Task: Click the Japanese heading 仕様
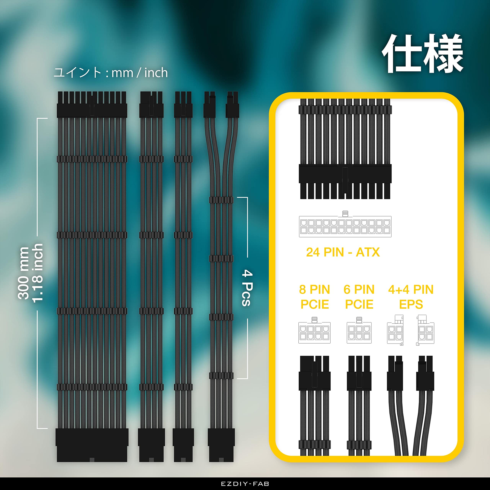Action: [422, 54]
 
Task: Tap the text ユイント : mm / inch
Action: [111, 73]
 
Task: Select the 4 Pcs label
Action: [247, 288]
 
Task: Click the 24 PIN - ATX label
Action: [343, 252]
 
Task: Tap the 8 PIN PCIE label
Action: [314, 297]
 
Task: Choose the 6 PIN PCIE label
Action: [359, 297]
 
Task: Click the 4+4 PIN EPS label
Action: [411, 297]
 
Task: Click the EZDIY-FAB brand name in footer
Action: [245, 484]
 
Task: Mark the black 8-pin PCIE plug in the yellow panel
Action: [314, 373]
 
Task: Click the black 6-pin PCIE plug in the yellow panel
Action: [359, 373]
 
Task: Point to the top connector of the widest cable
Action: [92, 105]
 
